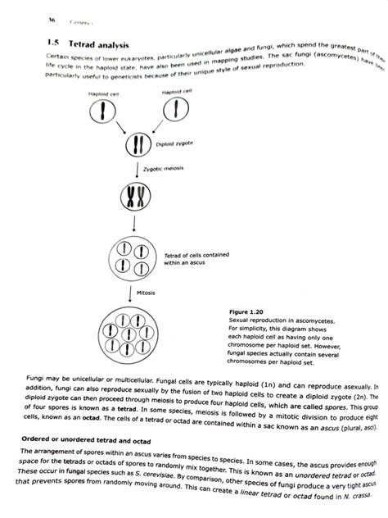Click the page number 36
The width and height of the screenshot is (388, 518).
[x=29, y=19]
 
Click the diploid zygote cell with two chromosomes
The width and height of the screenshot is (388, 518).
[x=136, y=148]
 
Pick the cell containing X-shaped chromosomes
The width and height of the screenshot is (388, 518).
[x=136, y=197]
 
